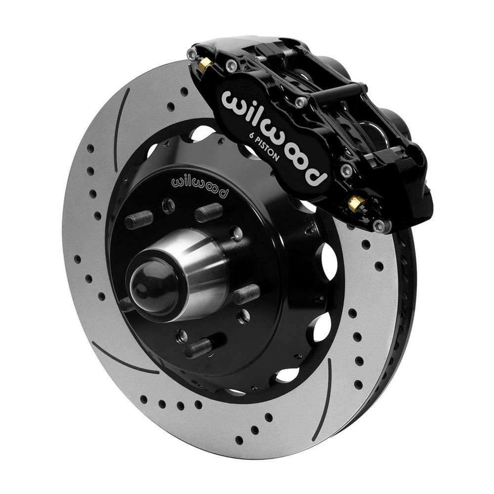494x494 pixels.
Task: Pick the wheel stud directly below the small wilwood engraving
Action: (x=208, y=212)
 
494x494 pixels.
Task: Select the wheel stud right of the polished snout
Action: (x=246, y=294)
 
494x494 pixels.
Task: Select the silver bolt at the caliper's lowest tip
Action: (x=379, y=226)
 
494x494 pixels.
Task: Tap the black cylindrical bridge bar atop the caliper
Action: (x=341, y=92)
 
